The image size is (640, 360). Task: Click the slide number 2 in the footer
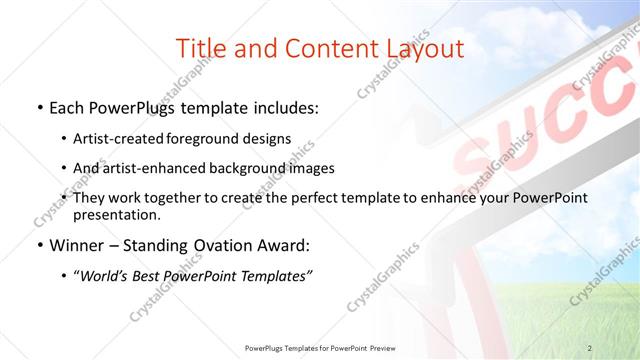[x=590, y=347]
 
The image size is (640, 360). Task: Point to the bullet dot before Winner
[x=38, y=246]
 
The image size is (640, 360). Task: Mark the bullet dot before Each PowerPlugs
[x=38, y=107]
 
